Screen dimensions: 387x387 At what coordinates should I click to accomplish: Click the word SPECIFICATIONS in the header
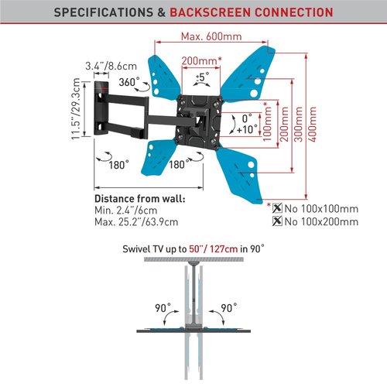click(104, 12)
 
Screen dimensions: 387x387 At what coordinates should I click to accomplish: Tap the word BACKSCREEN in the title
click(211, 12)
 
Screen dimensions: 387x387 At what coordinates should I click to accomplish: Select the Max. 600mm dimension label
click(211, 36)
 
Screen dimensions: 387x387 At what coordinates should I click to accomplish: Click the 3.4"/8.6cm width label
click(111, 66)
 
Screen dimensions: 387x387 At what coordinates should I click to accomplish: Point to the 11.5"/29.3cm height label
click(76, 109)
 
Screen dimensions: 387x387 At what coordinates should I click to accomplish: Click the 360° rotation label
click(129, 82)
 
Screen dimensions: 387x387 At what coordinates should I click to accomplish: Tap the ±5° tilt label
click(203, 77)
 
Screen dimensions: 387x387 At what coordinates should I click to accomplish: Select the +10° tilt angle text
click(247, 129)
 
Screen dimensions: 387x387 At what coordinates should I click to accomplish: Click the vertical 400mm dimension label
click(312, 124)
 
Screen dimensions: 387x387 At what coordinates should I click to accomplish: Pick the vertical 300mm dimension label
click(298, 124)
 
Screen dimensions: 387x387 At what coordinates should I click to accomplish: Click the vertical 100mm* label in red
click(267, 122)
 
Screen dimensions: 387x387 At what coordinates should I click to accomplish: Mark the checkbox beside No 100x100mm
click(277, 208)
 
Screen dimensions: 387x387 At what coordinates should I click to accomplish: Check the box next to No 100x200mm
click(277, 221)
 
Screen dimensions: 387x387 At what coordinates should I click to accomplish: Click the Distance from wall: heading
click(140, 199)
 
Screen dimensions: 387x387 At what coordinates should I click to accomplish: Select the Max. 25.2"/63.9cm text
click(136, 222)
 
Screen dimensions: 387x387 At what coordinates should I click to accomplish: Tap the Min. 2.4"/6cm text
click(125, 211)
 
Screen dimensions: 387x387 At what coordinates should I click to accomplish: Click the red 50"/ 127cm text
click(214, 249)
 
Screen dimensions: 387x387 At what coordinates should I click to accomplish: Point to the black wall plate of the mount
click(101, 108)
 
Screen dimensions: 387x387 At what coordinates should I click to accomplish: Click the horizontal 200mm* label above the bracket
click(201, 61)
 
